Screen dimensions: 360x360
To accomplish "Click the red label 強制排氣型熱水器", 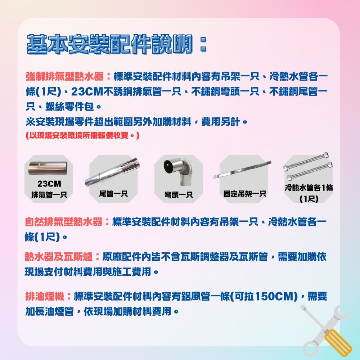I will [64, 77].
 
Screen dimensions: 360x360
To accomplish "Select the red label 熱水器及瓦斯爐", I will [59, 257].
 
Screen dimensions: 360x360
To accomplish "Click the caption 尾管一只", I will [113, 194].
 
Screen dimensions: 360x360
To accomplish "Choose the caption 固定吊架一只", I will [244, 194].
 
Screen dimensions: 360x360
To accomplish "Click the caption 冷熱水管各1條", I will [309, 188].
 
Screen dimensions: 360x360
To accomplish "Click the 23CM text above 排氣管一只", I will [49, 184].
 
